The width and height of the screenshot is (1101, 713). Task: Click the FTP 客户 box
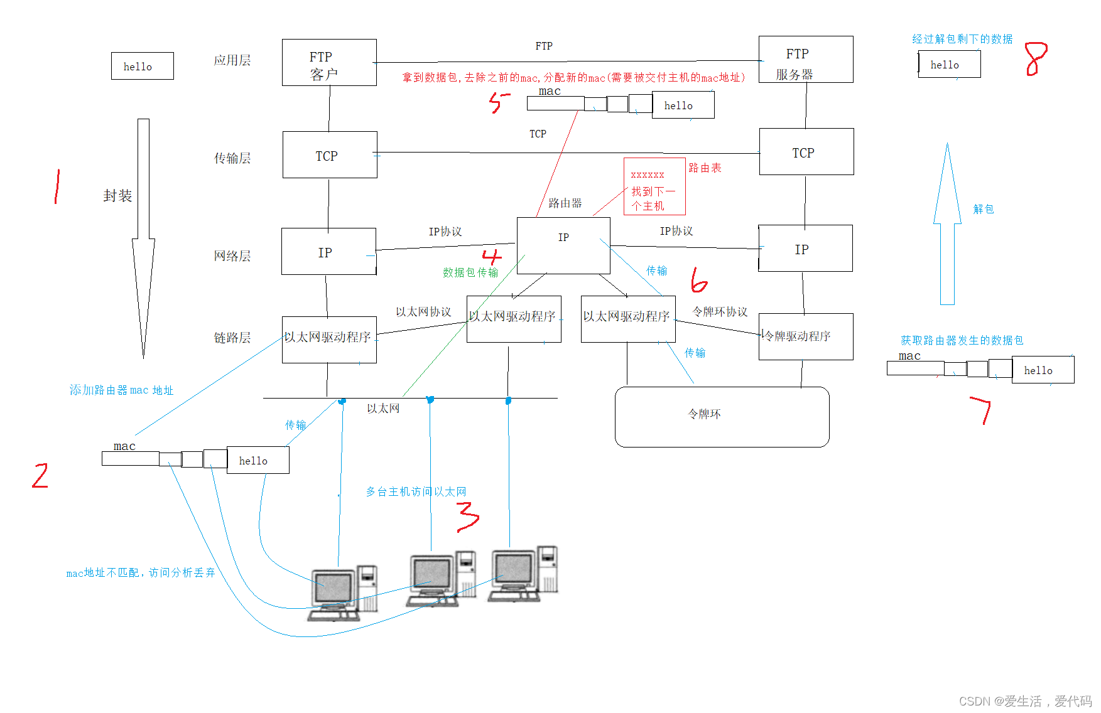tap(329, 63)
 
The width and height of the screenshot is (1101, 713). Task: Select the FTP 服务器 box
tap(806, 60)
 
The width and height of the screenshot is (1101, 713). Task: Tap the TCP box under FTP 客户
tap(330, 155)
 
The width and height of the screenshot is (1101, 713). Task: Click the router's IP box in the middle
tap(563, 245)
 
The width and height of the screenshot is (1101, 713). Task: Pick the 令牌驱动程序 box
tap(806, 336)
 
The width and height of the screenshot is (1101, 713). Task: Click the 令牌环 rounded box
tap(722, 417)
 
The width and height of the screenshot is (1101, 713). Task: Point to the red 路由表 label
tap(705, 168)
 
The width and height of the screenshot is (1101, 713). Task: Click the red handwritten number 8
tap(1036, 59)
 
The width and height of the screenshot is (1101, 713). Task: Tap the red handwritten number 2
tap(40, 475)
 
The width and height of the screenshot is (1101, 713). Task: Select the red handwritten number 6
tap(698, 281)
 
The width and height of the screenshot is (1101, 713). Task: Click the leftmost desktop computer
tap(342, 592)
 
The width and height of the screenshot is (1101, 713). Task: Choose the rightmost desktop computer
tap(524, 574)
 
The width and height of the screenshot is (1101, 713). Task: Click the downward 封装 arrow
tap(143, 239)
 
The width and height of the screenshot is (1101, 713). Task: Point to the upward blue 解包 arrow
tap(947, 226)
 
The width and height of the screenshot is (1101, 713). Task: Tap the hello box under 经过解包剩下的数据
tap(949, 65)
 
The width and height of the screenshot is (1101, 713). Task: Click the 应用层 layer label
tap(232, 61)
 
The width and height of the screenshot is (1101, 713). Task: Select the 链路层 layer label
tap(232, 338)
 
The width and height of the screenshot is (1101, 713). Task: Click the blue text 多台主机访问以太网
tap(416, 492)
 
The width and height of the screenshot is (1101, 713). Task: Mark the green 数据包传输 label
tap(470, 272)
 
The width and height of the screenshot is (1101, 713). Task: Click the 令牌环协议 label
tap(720, 312)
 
